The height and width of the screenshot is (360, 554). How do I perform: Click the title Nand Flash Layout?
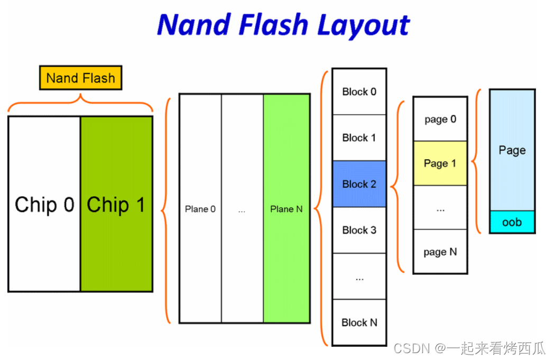click(283, 25)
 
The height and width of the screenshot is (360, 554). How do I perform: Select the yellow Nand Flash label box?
click(80, 78)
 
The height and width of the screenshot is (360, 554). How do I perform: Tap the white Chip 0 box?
click(44, 204)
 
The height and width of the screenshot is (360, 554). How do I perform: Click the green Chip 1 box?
click(116, 204)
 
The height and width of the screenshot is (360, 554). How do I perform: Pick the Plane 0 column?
click(200, 209)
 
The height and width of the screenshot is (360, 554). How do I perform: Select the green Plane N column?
click(287, 209)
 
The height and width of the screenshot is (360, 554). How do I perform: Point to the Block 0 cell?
click(359, 92)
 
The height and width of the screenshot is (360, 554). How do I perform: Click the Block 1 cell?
click(359, 138)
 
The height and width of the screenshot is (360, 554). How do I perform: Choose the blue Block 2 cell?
click(359, 184)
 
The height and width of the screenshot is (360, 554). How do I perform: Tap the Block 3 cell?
click(359, 230)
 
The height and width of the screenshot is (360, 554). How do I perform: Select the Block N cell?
click(359, 322)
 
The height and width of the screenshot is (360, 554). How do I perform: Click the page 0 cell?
click(440, 119)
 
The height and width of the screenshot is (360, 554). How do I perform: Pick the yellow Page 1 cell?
click(440, 163)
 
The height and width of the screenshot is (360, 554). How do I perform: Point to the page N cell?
click(440, 252)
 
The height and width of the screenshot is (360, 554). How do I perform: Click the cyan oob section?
click(512, 222)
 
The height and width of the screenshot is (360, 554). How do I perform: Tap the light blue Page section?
click(512, 150)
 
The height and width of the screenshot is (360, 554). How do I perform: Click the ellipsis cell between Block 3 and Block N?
click(359, 276)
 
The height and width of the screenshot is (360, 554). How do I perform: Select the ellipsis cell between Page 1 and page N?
click(440, 208)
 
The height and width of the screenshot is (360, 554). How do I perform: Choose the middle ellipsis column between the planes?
click(242, 209)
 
